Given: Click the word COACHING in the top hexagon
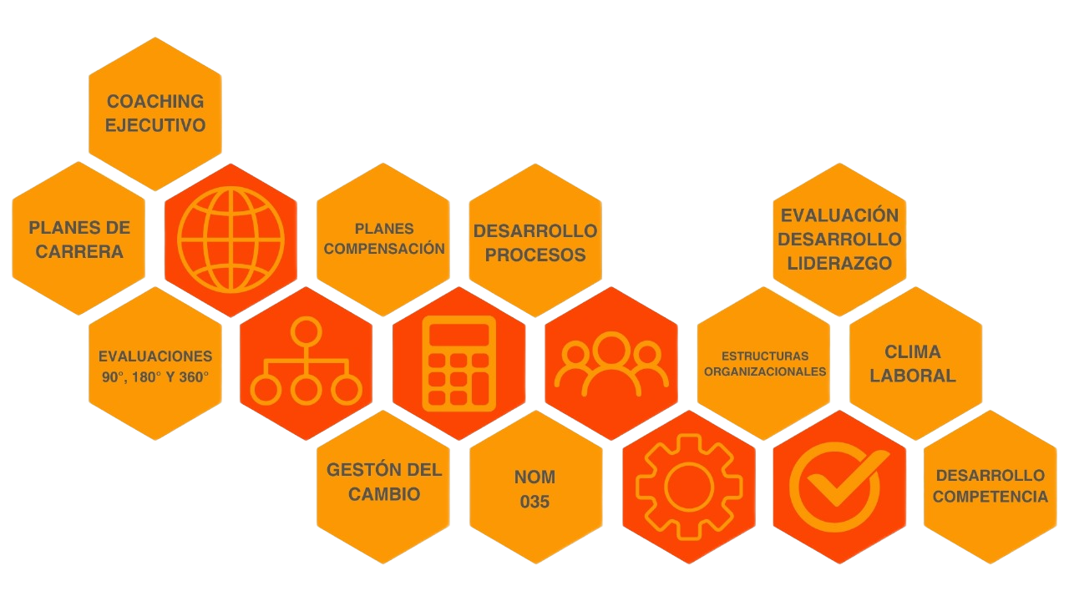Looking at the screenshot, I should pyautogui.click(x=155, y=102).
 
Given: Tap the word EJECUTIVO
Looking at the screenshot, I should pyautogui.click(x=155, y=126).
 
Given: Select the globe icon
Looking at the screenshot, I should pyautogui.click(x=231, y=240).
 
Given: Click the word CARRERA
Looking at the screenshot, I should pyautogui.click(x=79, y=251).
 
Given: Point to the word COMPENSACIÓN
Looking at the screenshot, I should pyautogui.click(x=384, y=249).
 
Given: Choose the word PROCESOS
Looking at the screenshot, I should pyautogui.click(x=535, y=255).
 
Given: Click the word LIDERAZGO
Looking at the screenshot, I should pyautogui.click(x=839, y=263).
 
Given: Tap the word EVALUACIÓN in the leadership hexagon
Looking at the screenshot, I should pyautogui.click(x=839, y=215).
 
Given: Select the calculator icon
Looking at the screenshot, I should pyautogui.click(x=459, y=364).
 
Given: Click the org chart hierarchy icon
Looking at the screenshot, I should pyautogui.click(x=307, y=364).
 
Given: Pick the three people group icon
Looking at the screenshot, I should pyautogui.click(x=611, y=364).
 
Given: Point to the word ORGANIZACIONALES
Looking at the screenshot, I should pyautogui.click(x=765, y=371).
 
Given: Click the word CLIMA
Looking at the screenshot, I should pyautogui.click(x=913, y=351).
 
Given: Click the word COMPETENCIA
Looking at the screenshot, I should pyautogui.click(x=990, y=497).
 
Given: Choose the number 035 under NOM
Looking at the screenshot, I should pyautogui.click(x=535, y=502).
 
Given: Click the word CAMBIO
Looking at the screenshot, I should pyautogui.click(x=384, y=494).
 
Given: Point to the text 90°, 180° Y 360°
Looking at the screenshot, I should pyautogui.click(x=155, y=377).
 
